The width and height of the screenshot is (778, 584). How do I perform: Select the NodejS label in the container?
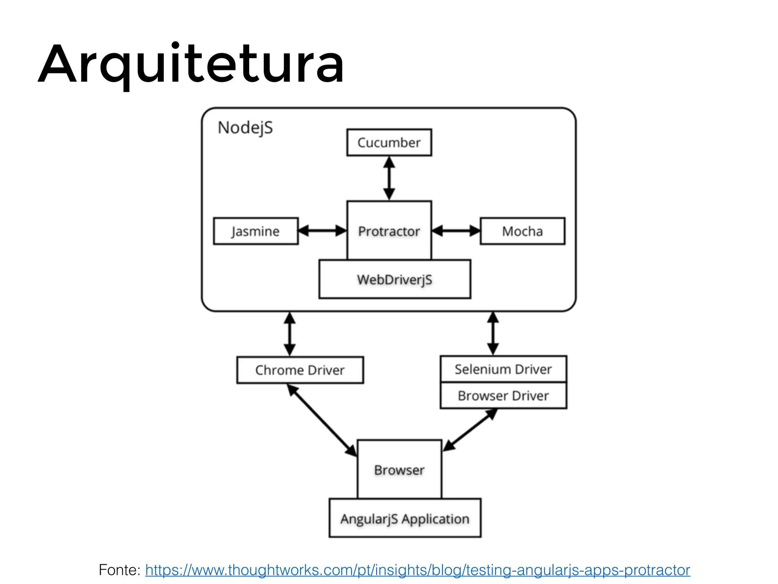pyautogui.click(x=245, y=128)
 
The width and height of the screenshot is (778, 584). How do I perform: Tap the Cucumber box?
pyautogui.click(x=389, y=143)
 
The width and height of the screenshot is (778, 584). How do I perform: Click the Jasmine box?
pyautogui.click(x=256, y=231)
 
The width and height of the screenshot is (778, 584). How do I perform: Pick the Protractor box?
pyautogui.click(x=389, y=231)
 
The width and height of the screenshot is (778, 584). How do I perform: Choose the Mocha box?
pyautogui.click(x=522, y=231)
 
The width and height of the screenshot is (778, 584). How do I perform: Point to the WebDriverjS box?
pyautogui.click(x=395, y=279)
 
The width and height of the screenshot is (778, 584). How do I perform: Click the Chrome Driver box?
pyautogui.click(x=300, y=370)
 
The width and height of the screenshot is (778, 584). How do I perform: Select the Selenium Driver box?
pyautogui.click(x=503, y=369)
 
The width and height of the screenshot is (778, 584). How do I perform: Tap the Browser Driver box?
pyautogui.click(x=503, y=396)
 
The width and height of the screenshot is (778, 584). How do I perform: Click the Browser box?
pyautogui.click(x=399, y=470)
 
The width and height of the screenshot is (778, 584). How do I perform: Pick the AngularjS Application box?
pyautogui.click(x=405, y=519)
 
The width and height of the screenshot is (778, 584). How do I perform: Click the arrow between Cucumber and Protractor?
pyautogui.click(x=389, y=178)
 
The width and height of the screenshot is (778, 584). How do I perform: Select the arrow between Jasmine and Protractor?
pyautogui.click(x=322, y=231)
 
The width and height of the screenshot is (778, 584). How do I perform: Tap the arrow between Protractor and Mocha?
pyautogui.click(x=456, y=231)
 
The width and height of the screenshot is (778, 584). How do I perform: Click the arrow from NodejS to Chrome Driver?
pyautogui.click(x=290, y=334)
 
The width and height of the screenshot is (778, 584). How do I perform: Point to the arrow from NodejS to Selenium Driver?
pyautogui.click(x=493, y=333)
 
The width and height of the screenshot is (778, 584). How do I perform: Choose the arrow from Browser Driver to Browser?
pyautogui.click(x=470, y=430)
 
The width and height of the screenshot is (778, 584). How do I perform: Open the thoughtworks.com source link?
pyautogui.click(x=417, y=570)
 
